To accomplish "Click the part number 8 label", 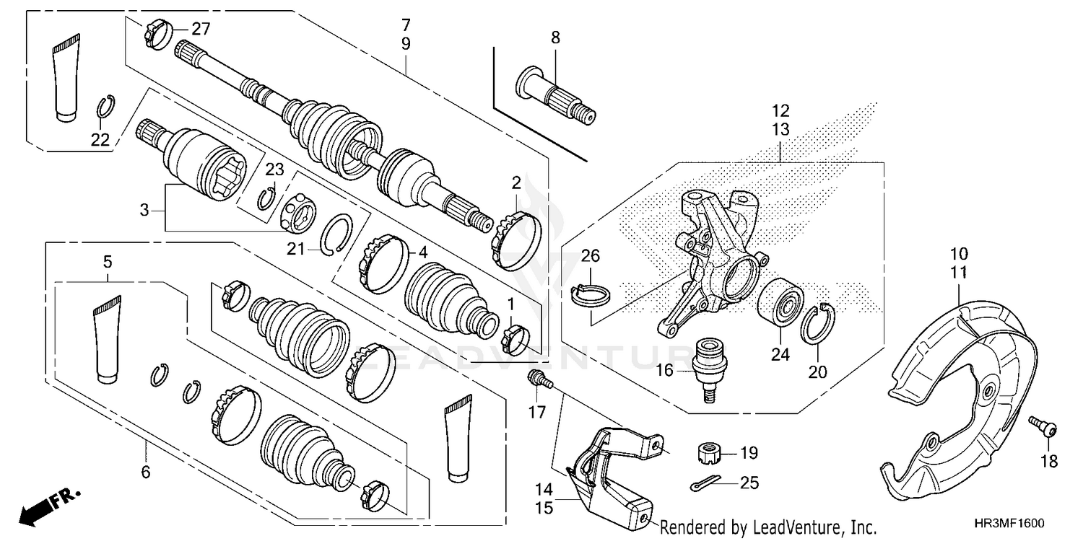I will pos(555,38).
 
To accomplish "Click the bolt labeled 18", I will pos(1041,427).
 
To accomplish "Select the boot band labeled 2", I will pos(516,236).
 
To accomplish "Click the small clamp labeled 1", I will pos(518,340).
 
